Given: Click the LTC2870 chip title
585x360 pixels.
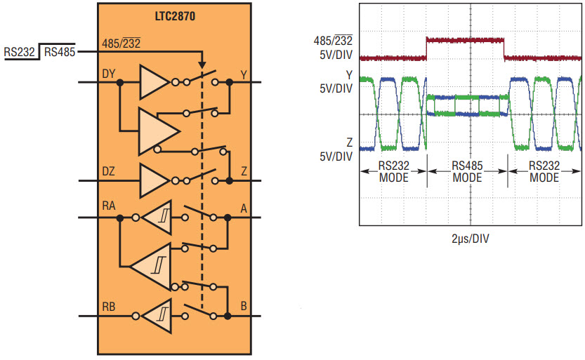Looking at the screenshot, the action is coord(175,16).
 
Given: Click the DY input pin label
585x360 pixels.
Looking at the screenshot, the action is coord(109,74).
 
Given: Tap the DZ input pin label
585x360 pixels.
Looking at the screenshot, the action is coord(109,171).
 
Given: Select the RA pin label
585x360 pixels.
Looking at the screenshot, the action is coord(109,206).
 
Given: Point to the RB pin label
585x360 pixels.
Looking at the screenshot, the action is coord(109,307).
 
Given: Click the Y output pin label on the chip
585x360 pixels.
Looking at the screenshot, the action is coord(244,75).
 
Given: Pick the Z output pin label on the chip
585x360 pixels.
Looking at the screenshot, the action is coord(244,171).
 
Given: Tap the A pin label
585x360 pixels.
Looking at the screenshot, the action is coord(244,208).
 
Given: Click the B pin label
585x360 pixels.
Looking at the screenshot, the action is coord(244,307).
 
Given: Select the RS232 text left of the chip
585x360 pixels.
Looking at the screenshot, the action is coord(20,52).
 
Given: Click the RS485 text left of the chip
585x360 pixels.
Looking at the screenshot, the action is coord(60,52).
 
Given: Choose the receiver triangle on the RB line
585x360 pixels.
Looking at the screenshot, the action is coord(157,316).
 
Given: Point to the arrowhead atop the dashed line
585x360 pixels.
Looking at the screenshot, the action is coord(202,65).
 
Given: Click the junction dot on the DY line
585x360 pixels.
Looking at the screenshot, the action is coord(120,82).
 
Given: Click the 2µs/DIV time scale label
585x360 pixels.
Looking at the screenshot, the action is coord(470,239).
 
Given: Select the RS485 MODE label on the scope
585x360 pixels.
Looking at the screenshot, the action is coord(467,171).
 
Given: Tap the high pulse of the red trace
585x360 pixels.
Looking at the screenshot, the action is coord(465,40).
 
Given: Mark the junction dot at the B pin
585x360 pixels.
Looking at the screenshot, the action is coord(228,316).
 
